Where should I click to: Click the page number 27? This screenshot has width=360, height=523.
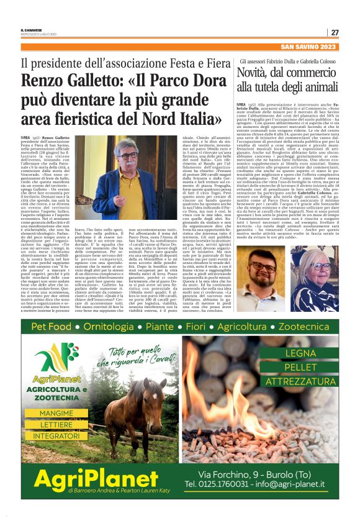point(335,32)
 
